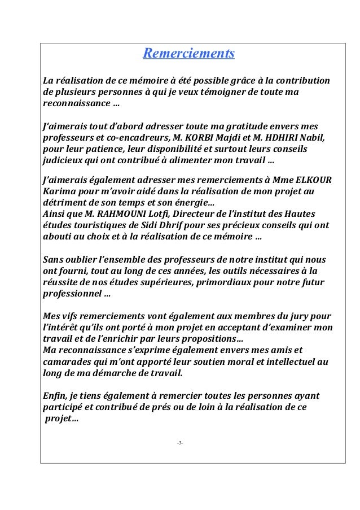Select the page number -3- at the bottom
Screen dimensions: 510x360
click(x=180, y=442)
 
